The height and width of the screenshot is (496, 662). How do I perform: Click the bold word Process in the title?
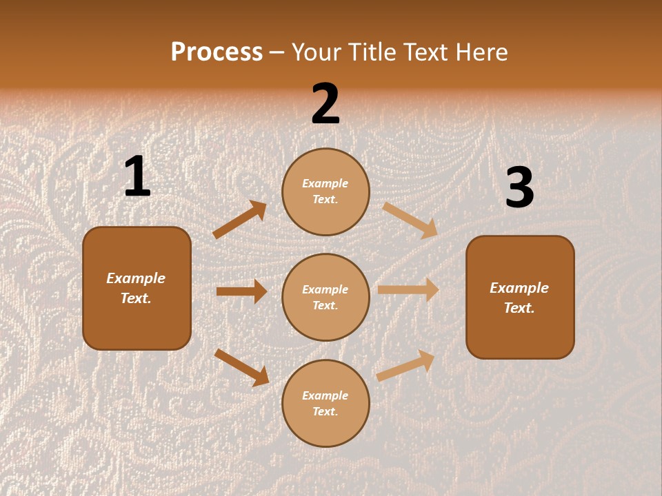(x=217, y=52)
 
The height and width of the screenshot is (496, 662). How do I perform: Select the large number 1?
(x=137, y=177)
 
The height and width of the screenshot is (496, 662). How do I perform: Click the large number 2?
(x=325, y=105)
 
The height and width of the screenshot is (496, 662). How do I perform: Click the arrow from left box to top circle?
(x=239, y=220)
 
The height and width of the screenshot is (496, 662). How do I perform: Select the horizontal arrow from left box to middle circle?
(x=241, y=291)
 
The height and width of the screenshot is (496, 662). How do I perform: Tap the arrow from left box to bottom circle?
(x=241, y=367)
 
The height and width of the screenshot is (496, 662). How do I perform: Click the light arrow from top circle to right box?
(x=410, y=220)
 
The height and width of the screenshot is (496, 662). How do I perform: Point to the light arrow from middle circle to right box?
(x=408, y=289)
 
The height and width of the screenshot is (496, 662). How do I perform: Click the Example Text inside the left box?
(x=136, y=288)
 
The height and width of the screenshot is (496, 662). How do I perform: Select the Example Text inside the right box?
(x=519, y=298)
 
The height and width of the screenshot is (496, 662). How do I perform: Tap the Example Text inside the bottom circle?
(x=325, y=403)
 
